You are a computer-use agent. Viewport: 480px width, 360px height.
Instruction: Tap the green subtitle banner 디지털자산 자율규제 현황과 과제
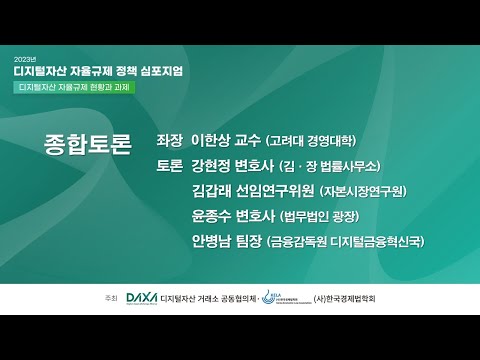75,88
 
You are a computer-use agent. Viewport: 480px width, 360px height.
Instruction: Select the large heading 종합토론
88,145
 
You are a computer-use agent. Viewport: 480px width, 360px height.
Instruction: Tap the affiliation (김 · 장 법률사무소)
331,166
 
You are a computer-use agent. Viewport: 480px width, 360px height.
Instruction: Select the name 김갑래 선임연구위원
252,190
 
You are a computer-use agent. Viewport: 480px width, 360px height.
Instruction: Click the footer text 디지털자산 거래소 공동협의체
207,298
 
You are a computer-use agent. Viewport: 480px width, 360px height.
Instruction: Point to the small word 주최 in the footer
97,298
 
